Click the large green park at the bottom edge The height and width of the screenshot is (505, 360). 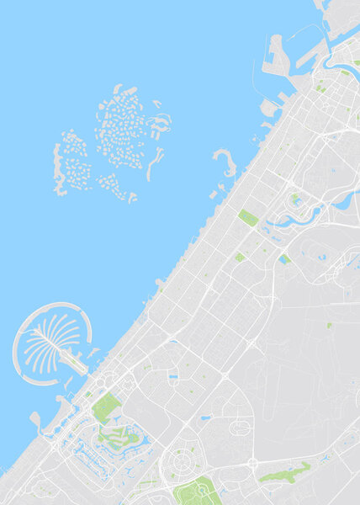pyautogui.click(x=199, y=492)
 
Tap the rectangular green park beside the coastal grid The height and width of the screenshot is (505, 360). pyautogui.click(x=248, y=218)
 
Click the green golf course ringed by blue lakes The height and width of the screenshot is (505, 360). pyautogui.click(x=116, y=436)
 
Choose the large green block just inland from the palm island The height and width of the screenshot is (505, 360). pyautogui.click(x=106, y=408)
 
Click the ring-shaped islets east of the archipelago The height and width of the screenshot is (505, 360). pyautogui.click(x=159, y=125)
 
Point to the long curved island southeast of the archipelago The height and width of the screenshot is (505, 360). pyautogui.click(x=153, y=165)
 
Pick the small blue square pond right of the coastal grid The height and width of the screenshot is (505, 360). pyautogui.click(x=283, y=259)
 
